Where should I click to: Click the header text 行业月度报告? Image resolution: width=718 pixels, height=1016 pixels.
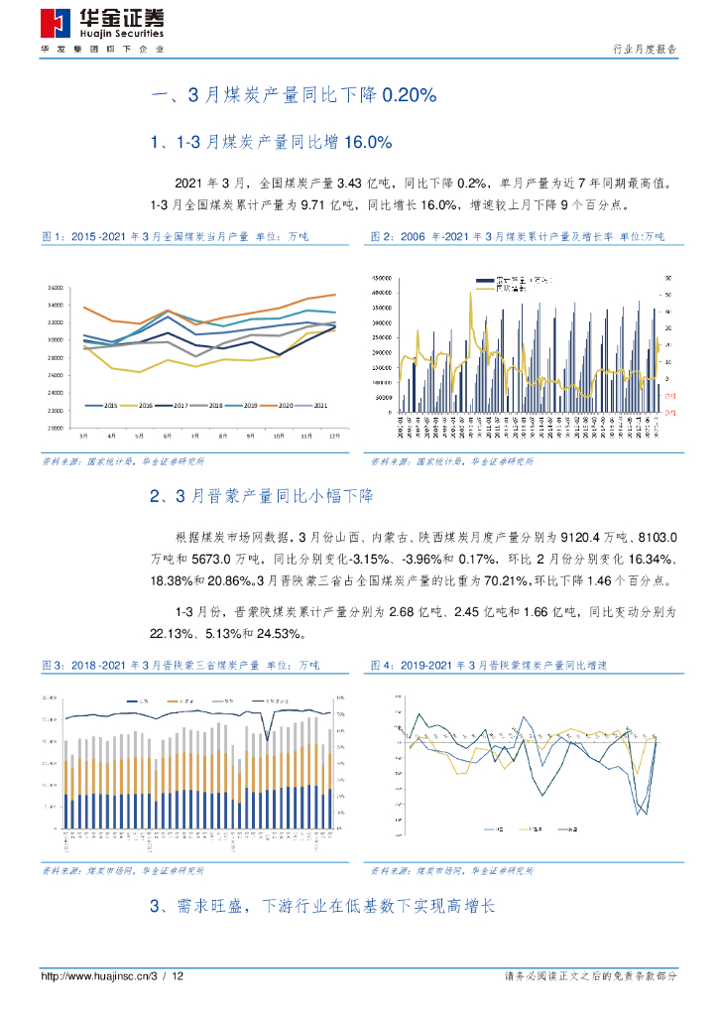(x=646, y=48)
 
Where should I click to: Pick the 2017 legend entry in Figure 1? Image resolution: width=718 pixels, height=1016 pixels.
(x=175, y=406)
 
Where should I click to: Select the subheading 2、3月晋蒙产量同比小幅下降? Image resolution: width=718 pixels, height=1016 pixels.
(x=261, y=495)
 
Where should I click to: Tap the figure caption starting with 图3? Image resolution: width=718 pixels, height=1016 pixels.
(x=174, y=664)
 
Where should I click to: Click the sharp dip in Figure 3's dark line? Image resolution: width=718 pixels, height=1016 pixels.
(x=266, y=736)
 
